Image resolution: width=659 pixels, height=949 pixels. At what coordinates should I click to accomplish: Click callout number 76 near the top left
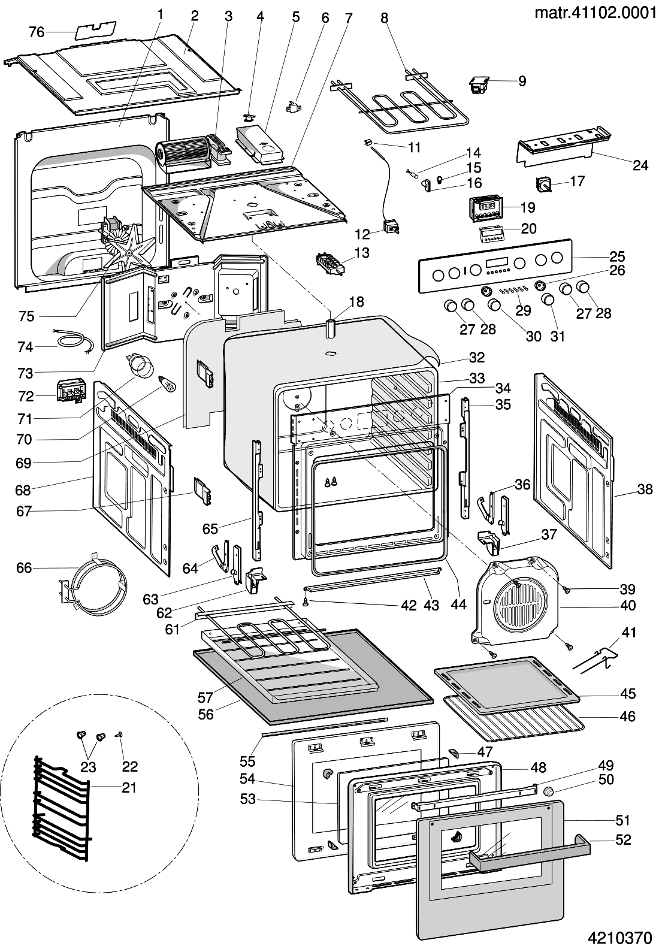pos(37,32)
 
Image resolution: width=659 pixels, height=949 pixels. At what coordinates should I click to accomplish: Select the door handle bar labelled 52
pos(527,850)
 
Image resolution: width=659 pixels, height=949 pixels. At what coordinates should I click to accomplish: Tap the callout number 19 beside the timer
pos(528,207)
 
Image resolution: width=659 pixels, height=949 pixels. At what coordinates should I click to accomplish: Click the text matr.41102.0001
pos(595,13)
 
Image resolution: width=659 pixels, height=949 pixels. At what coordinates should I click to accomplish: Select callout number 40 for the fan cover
pos(627,606)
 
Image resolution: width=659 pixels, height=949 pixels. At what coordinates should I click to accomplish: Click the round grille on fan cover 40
pos(519,601)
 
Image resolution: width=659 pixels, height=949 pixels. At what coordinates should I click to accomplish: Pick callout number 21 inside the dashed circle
pos(129,787)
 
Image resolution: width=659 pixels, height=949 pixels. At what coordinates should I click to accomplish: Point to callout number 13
pos(362,253)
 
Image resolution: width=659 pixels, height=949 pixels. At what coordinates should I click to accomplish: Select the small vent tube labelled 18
pos(329,331)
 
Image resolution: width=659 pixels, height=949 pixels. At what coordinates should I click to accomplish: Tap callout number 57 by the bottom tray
pos(205,697)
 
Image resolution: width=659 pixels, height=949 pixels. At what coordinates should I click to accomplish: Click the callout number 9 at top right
pos(522,81)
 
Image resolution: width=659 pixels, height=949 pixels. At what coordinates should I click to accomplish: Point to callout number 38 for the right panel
pos(645,489)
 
